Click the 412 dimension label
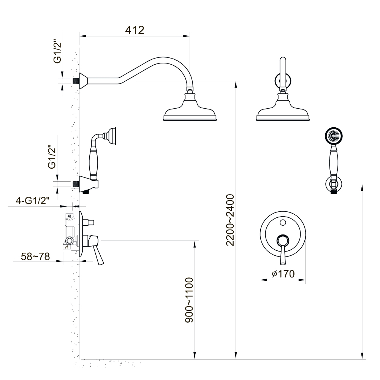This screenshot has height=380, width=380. point(135,30)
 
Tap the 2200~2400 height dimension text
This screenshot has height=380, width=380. point(230,220)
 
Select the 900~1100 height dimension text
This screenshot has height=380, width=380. point(189,300)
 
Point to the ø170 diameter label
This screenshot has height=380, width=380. point(283,274)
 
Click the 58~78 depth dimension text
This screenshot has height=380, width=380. point(35,256)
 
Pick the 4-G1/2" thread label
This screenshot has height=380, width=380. point(32,201)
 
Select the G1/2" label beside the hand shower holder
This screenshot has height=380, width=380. point(52,157)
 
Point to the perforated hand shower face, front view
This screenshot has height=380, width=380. point(333,136)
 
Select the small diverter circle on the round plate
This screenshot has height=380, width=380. point(283,222)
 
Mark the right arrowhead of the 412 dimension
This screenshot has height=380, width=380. point(187,36)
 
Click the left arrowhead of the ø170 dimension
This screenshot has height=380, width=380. point(263,280)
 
